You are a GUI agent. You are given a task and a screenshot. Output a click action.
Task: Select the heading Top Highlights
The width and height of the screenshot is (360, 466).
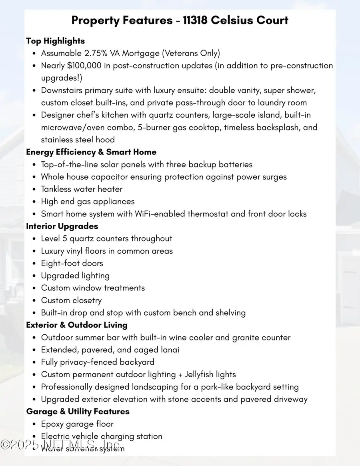(55, 41)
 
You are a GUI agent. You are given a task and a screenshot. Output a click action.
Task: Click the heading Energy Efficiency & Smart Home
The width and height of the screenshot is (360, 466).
(91, 152)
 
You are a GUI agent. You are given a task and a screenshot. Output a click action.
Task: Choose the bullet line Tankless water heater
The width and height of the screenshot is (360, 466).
(82, 189)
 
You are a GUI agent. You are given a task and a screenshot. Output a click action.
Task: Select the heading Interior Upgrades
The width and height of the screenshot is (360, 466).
(62, 226)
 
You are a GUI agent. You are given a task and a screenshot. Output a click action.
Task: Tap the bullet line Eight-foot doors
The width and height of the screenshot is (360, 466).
(72, 263)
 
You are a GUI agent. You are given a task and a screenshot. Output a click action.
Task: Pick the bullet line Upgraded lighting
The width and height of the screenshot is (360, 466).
(75, 276)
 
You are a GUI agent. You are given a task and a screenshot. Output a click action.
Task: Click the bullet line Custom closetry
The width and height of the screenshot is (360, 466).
(71, 300)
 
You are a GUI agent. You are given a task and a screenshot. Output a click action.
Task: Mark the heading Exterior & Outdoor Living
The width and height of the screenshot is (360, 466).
(77, 325)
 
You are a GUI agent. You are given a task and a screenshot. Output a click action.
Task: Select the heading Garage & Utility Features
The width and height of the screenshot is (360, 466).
(78, 411)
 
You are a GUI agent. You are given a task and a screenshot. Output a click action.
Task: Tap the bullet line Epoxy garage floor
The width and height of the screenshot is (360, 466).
(77, 424)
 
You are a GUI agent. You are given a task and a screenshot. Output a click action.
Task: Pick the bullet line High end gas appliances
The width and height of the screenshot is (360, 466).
(88, 201)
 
